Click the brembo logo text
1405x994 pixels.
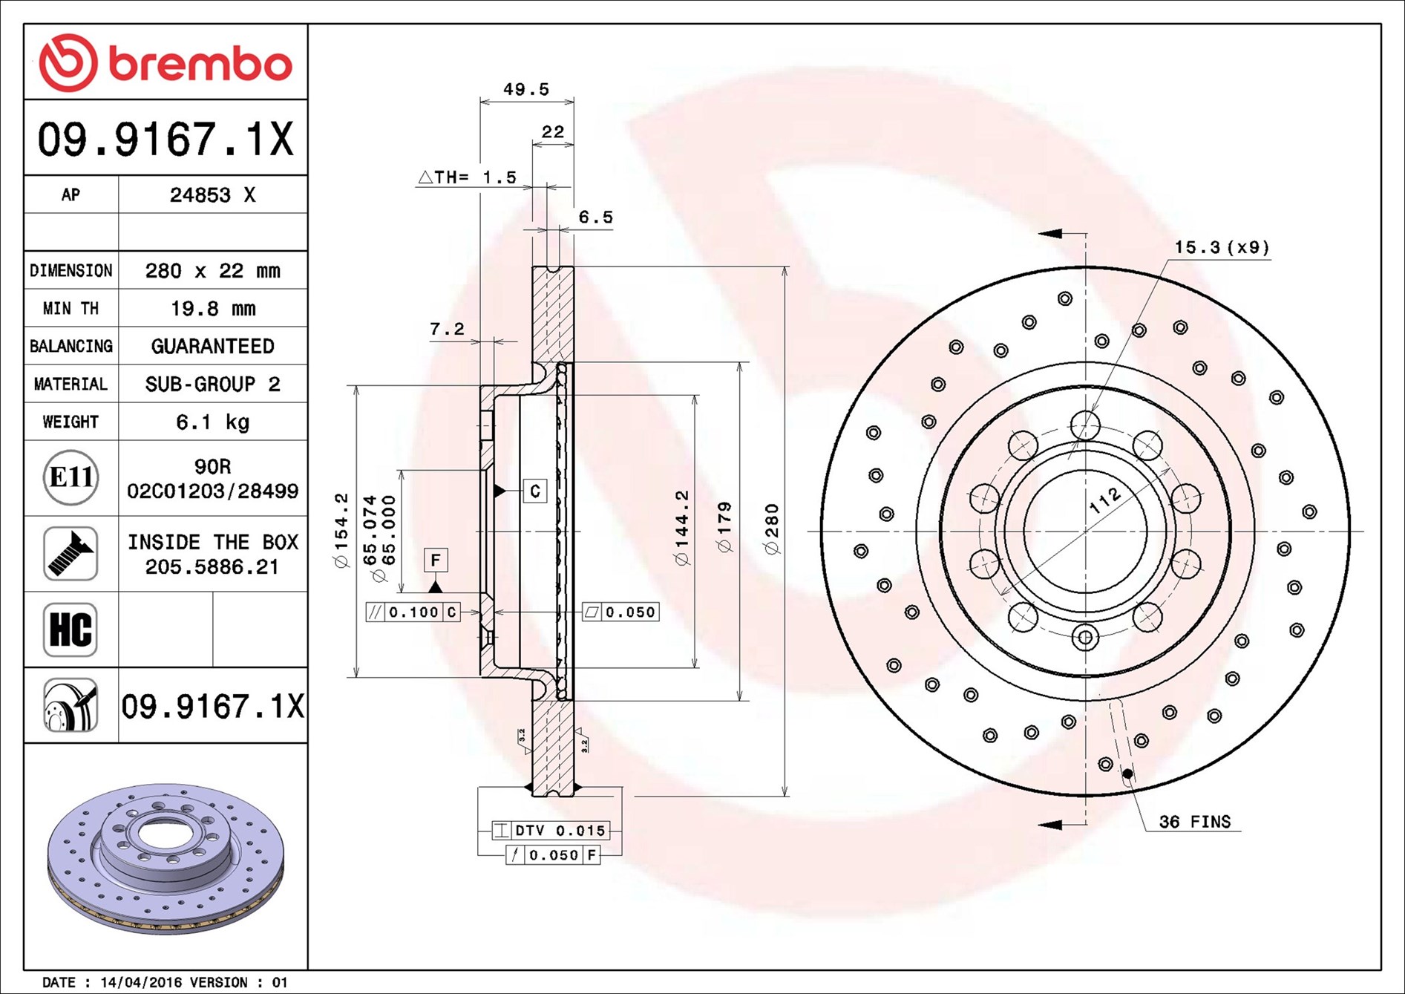[200, 64]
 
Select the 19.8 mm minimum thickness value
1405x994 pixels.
[213, 308]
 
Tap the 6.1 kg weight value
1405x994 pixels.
[213, 422]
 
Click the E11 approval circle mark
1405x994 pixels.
[71, 477]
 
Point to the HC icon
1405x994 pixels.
[71, 630]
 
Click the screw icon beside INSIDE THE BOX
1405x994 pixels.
[71, 554]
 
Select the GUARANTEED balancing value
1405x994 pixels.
[213, 346]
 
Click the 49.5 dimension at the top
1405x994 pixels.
[526, 89]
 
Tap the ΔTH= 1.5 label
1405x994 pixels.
[468, 177]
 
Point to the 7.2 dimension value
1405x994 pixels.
[447, 329]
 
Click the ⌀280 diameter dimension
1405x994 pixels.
[772, 529]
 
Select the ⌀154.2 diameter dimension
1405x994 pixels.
[341, 531]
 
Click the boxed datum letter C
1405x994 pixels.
[535, 491]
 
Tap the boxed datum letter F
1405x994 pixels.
[436, 560]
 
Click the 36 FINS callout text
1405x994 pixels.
[1195, 822]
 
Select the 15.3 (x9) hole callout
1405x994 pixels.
[1222, 247]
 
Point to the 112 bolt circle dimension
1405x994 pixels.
[1105, 501]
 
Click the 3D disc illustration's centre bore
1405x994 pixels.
[164, 833]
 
